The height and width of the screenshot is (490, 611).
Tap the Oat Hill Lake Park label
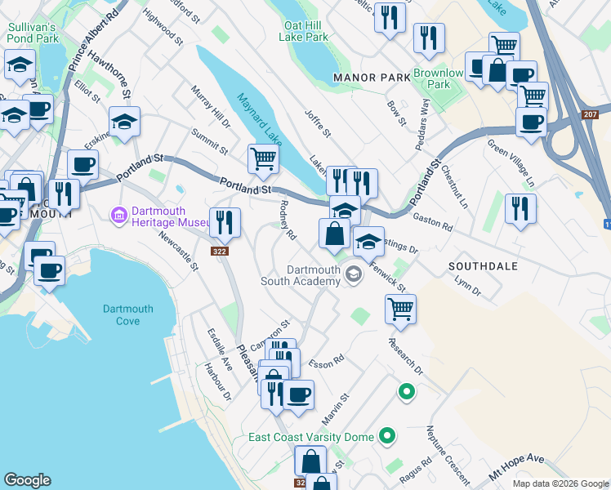click(x=303, y=31)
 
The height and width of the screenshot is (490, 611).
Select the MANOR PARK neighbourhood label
click(x=372, y=78)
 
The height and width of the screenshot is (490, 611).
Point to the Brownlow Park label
click(x=439, y=78)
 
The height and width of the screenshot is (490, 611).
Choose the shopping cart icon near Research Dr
click(x=400, y=309)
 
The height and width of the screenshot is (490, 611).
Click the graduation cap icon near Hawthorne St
click(x=124, y=122)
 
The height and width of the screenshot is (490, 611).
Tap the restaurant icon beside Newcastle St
click(x=224, y=220)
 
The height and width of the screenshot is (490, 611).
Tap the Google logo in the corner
click(x=27, y=480)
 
